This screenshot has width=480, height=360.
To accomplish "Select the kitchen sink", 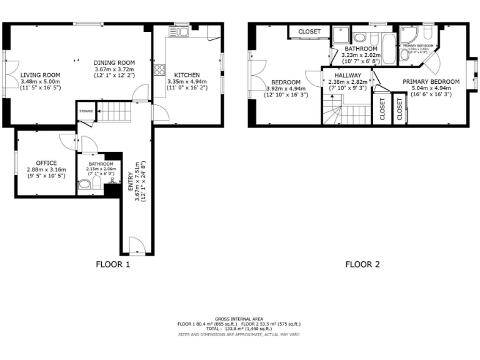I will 173,32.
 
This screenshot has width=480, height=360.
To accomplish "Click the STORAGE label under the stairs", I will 86,111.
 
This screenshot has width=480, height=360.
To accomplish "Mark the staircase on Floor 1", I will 114,112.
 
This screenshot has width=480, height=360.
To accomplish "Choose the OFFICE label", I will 46,163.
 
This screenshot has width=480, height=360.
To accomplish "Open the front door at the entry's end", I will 136,245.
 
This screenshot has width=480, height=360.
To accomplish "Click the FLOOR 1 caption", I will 112,264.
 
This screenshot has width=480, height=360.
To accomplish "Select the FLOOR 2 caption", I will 362,264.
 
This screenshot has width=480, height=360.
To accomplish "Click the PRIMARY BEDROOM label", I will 431,81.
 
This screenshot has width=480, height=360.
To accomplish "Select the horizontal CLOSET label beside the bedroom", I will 309,31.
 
